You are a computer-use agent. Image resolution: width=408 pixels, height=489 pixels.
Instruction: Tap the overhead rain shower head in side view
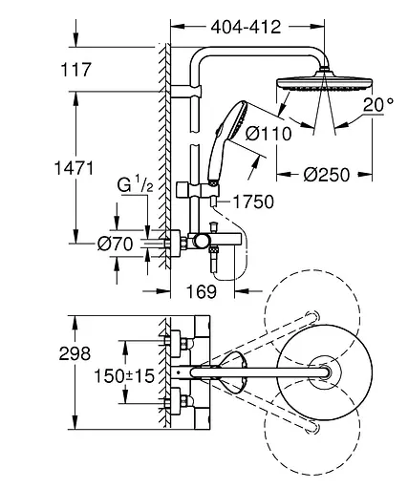[315, 84]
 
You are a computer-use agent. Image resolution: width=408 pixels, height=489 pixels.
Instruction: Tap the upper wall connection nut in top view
[176, 342]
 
